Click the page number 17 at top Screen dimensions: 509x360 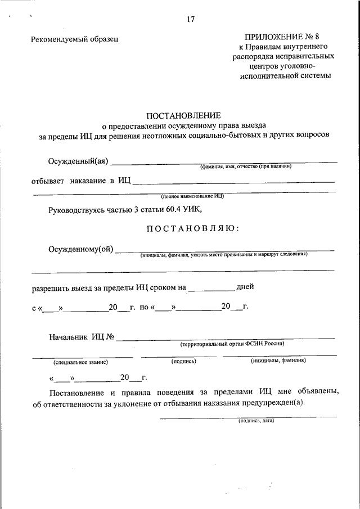(x=190, y=20)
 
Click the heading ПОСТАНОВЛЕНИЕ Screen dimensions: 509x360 (x=184, y=115)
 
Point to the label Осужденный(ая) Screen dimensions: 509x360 (x=78, y=162)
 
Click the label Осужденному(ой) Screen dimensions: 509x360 (x=81, y=249)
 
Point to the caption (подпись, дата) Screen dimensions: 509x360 (x=256, y=420)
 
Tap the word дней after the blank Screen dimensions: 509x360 (x=245, y=286)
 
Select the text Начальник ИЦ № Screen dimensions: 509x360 (x=82, y=337)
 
